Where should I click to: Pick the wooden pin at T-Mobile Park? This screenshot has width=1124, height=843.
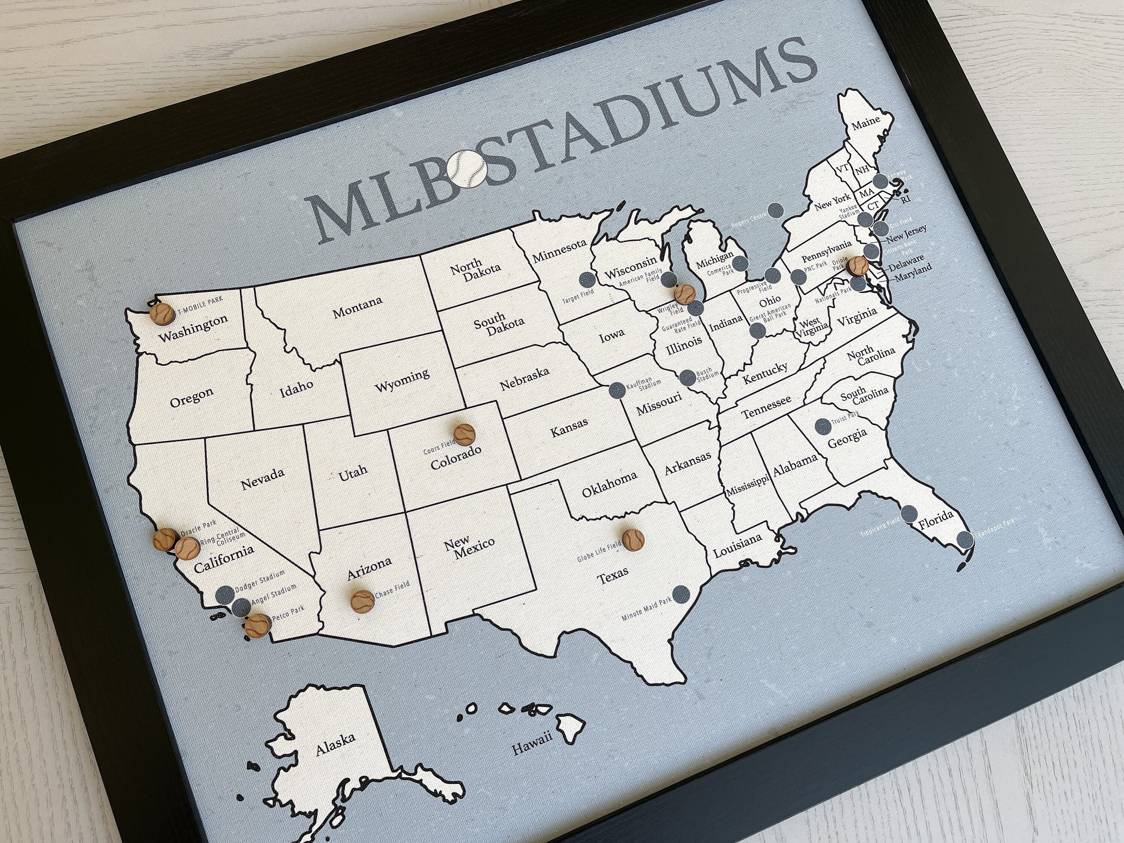point(161,312)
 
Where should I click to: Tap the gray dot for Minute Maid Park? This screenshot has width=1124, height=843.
point(680,593)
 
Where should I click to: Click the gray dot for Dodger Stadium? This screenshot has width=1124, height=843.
point(225,594)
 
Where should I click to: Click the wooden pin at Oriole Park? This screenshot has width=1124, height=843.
point(857,264)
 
